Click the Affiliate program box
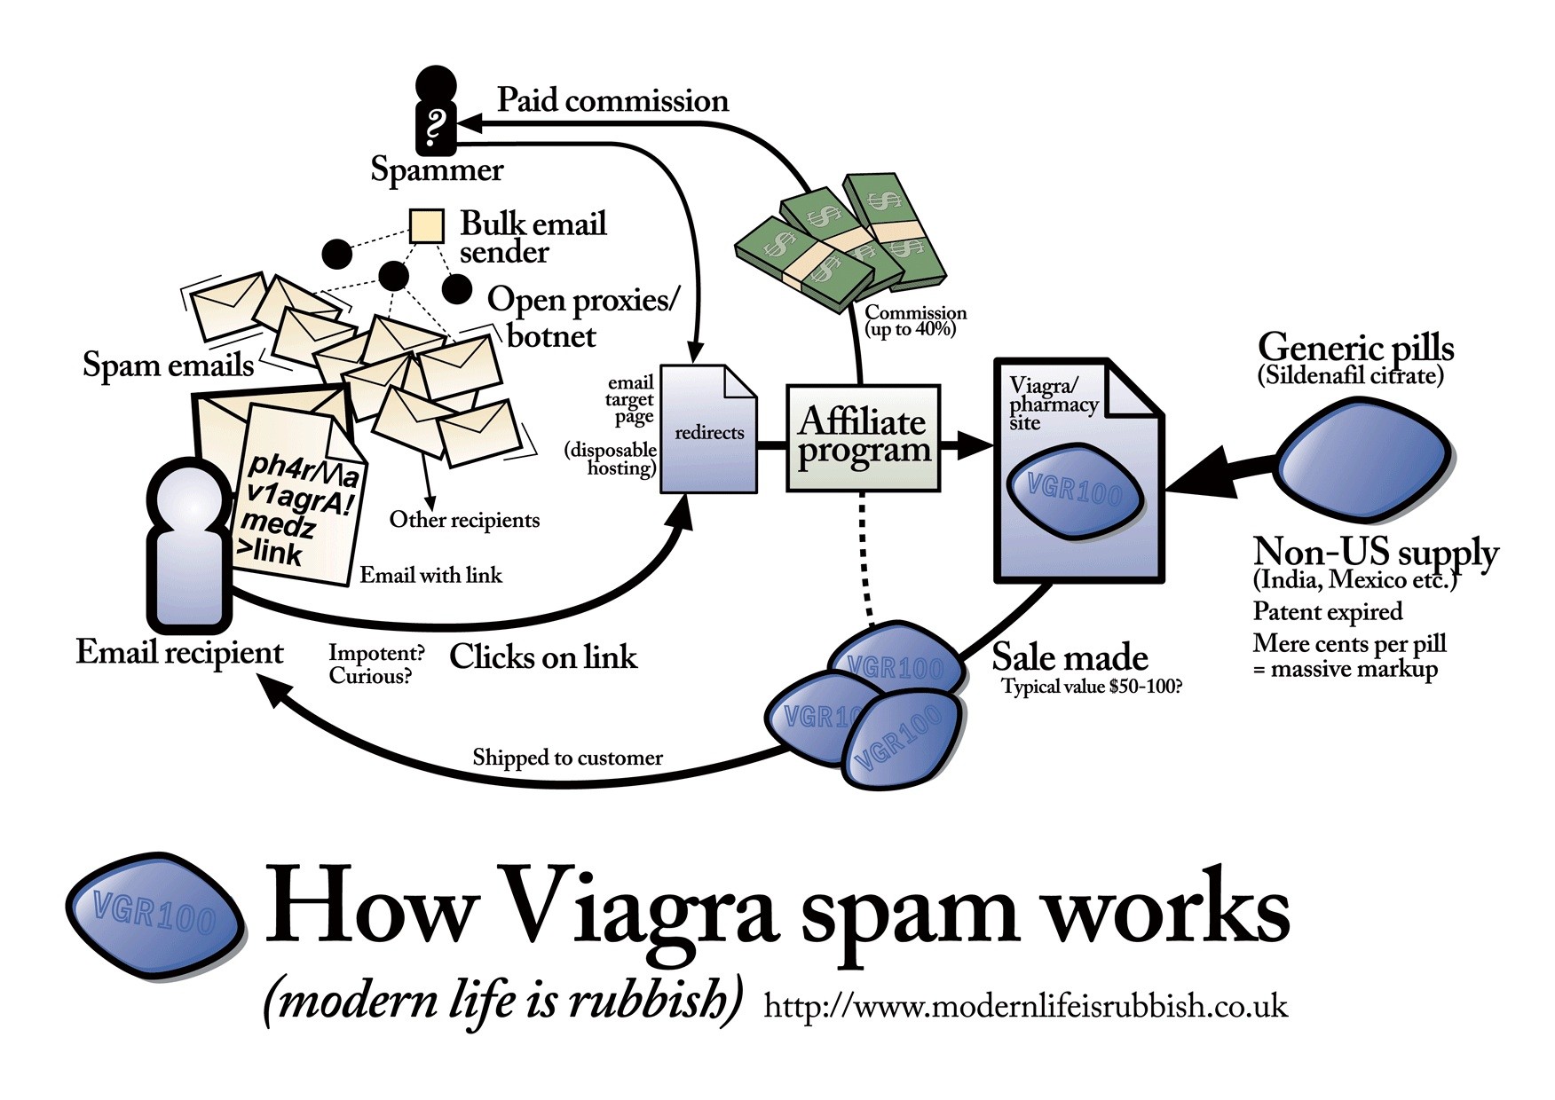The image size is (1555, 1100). point(863,437)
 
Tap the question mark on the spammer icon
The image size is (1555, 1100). point(435,127)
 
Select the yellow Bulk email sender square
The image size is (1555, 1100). point(426,226)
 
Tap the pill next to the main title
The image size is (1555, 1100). point(156,915)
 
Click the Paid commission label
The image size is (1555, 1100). point(612,100)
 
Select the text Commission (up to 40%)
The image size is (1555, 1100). point(914,320)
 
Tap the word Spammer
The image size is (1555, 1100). point(437,169)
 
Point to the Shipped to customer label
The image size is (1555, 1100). point(567,758)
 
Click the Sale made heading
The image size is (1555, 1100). point(1070,657)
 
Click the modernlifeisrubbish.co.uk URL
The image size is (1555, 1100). point(1025,1006)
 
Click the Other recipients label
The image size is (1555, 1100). point(464,520)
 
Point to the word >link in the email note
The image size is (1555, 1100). point(270,554)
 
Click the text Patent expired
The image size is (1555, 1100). point(1327,611)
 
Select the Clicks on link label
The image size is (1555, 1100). point(543,657)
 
